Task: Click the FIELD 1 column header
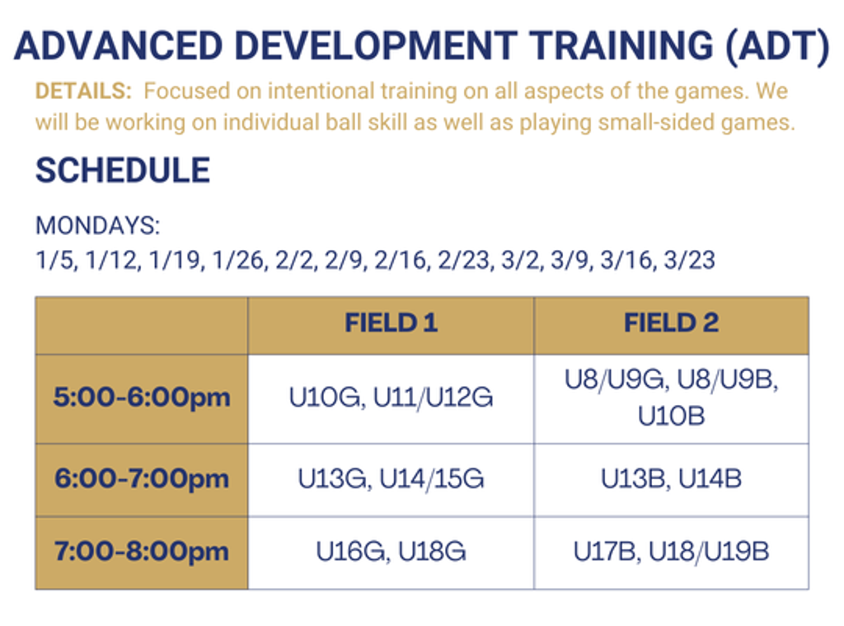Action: (x=391, y=323)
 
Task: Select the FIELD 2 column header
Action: (x=671, y=323)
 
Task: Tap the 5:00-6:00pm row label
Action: (x=142, y=398)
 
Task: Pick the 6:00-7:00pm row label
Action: (x=142, y=479)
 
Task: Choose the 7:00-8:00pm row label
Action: (x=142, y=552)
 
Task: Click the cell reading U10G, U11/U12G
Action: (x=391, y=398)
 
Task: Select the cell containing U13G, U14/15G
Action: (x=391, y=479)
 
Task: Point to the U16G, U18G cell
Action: (x=391, y=552)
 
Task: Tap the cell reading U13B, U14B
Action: (x=671, y=479)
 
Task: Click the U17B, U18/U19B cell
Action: (x=671, y=552)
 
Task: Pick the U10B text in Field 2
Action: (x=671, y=416)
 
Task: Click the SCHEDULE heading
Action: (x=123, y=170)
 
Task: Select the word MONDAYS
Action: (x=96, y=225)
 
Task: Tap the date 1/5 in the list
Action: (x=56, y=260)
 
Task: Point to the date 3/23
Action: (x=690, y=260)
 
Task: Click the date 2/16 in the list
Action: (x=401, y=260)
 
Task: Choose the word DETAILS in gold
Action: (x=82, y=91)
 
